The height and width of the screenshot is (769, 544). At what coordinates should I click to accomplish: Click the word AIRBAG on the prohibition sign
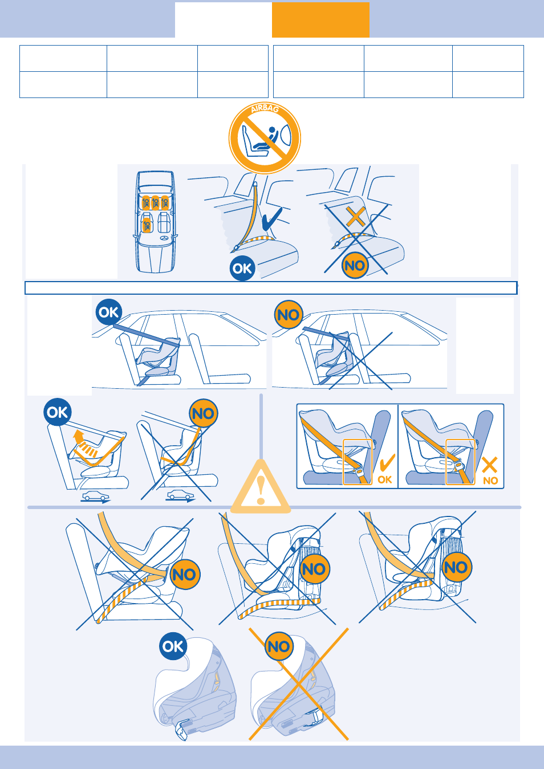(265, 109)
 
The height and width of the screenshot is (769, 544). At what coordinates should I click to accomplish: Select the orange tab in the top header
(320, 19)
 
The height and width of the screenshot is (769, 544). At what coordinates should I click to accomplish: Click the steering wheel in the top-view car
(164, 238)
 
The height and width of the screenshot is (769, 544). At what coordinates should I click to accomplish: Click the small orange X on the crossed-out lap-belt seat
(355, 216)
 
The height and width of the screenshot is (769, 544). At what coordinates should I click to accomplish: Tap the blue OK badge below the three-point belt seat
(242, 268)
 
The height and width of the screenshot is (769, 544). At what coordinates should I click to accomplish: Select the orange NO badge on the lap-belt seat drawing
(355, 266)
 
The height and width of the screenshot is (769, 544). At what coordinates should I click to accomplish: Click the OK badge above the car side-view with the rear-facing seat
(109, 312)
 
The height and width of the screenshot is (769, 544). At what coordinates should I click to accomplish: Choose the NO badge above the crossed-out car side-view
(289, 315)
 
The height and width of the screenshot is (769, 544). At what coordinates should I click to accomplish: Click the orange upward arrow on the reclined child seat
(79, 437)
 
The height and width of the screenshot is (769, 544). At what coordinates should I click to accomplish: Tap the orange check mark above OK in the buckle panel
(387, 463)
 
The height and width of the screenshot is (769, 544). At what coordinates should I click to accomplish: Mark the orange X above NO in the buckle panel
(489, 465)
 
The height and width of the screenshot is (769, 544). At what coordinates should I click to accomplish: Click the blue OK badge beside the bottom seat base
(173, 646)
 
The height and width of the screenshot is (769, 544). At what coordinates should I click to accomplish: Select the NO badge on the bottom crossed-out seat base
(279, 646)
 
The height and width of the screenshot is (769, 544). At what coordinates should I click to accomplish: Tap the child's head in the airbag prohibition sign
(272, 130)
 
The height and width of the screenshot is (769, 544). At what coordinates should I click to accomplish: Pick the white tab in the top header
(223, 19)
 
